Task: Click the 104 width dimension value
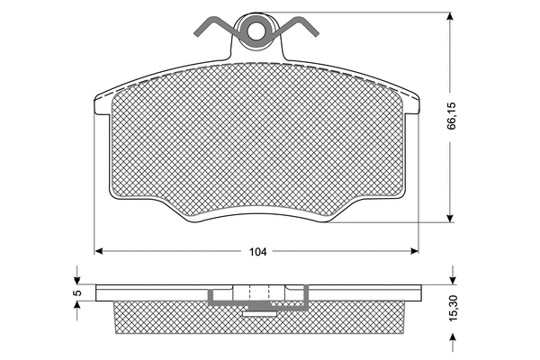(x=258, y=252)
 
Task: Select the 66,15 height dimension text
(x=452, y=116)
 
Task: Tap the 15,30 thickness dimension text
(x=454, y=309)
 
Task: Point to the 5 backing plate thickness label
(x=78, y=292)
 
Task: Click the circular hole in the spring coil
(x=256, y=31)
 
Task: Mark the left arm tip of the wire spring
(x=196, y=34)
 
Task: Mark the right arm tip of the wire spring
(x=316, y=34)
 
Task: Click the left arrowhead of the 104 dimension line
(x=99, y=251)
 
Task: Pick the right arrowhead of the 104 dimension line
(x=414, y=251)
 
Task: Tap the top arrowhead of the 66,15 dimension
(x=450, y=17)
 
